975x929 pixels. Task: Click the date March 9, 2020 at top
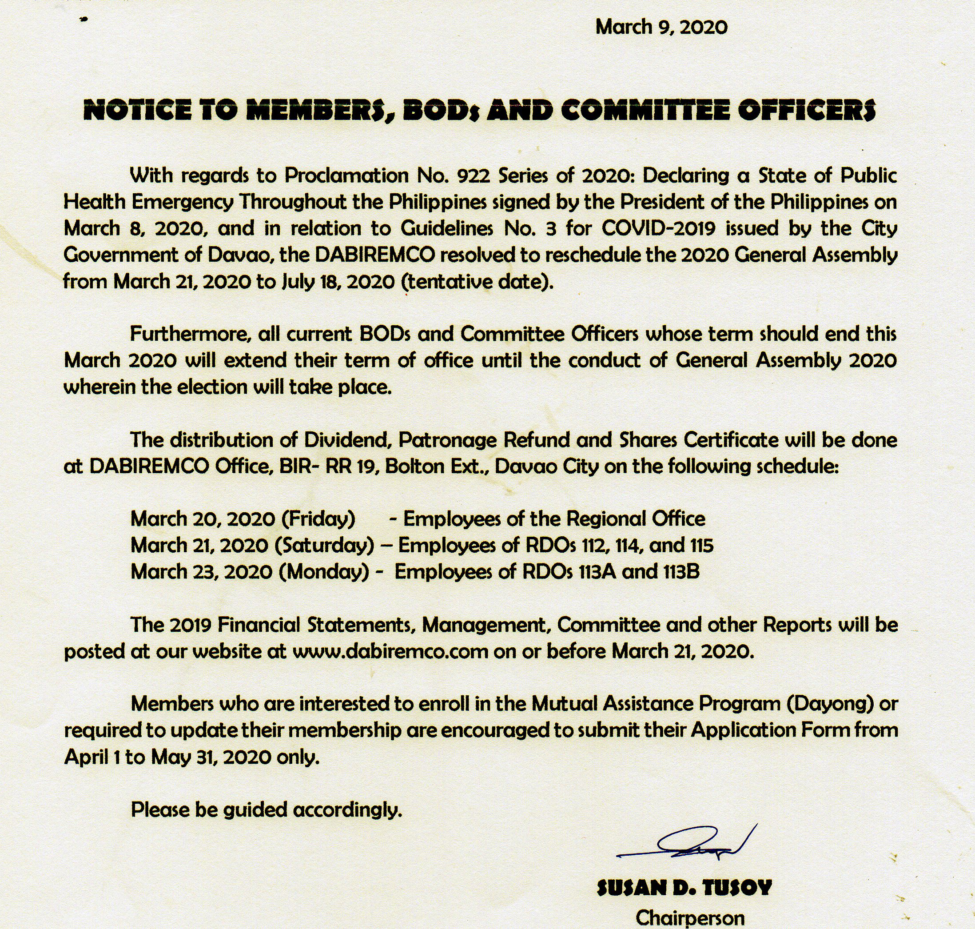(x=661, y=27)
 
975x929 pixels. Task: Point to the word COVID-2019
(x=659, y=228)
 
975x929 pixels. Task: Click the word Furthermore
(x=189, y=334)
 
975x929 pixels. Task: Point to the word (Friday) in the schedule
(x=318, y=519)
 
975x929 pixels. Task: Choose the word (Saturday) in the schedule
(x=324, y=545)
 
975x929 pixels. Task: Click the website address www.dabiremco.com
(x=391, y=651)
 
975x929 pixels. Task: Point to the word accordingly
(x=347, y=809)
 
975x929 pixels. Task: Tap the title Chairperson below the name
(x=690, y=917)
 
